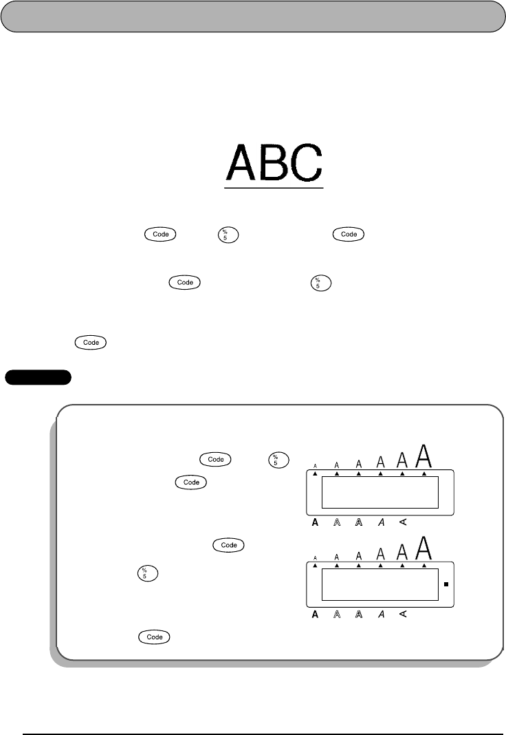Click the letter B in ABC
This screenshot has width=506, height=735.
274,162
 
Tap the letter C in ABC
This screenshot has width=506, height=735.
305,162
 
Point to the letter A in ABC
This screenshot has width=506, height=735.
242,162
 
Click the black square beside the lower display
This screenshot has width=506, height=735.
446,585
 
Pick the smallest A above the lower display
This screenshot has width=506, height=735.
315,558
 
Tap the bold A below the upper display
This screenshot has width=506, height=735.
315,522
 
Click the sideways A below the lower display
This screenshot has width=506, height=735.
403,614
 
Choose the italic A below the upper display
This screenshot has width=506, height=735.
381,522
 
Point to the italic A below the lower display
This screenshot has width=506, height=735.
381,614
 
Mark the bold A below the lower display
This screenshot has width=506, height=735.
315,614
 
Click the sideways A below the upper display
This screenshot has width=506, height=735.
403,522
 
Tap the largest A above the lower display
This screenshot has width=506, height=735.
426,548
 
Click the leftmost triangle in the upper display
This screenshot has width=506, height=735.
315,474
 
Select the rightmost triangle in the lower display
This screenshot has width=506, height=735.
425,566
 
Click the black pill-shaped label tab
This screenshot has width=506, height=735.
38,377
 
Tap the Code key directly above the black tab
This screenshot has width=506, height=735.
91,342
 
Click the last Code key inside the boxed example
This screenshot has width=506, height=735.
155,638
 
